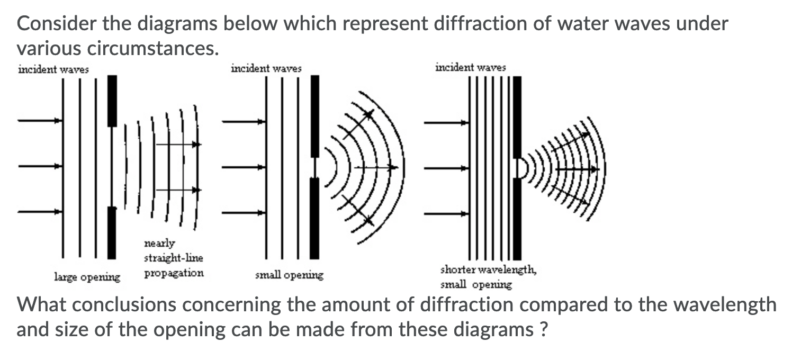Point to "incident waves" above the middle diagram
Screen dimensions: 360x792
point(266,68)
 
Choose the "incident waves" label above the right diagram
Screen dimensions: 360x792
point(470,67)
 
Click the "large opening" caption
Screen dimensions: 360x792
point(87,277)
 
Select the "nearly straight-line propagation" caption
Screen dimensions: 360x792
point(174,258)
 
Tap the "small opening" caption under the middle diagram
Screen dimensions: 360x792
point(289,275)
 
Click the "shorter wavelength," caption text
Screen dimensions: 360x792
point(488,270)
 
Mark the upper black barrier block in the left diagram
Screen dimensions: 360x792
point(112,101)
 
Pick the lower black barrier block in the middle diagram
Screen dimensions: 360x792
point(314,218)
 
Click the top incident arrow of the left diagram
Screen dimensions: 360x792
point(40,121)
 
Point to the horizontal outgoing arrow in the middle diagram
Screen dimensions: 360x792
point(376,167)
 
